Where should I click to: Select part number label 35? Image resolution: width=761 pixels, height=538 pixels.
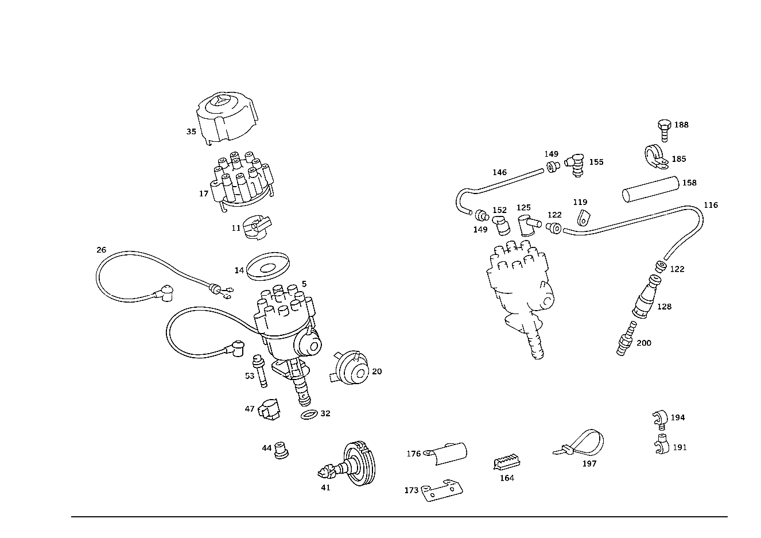(191, 131)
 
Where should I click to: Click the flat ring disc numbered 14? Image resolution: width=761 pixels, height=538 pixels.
(268, 266)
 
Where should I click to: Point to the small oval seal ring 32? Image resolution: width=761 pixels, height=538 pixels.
(309, 415)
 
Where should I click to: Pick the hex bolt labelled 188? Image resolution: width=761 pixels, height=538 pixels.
(665, 130)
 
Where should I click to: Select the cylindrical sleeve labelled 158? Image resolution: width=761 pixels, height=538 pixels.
(651, 189)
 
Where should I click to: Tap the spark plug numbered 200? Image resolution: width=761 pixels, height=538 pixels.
(626, 339)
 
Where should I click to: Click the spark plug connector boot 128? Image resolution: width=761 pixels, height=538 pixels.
(646, 297)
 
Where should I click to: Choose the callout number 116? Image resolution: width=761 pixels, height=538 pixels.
(710, 206)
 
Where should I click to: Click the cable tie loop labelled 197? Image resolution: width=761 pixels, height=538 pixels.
(580, 443)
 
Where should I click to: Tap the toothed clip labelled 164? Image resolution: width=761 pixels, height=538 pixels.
(507, 462)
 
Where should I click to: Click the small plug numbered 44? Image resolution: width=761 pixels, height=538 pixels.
(281, 450)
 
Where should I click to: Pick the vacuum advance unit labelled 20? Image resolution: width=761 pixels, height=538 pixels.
(350, 368)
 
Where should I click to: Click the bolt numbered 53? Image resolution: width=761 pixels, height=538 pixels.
(260, 371)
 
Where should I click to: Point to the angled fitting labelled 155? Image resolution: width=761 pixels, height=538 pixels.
(576, 165)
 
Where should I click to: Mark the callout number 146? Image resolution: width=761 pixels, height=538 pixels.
(500, 173)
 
